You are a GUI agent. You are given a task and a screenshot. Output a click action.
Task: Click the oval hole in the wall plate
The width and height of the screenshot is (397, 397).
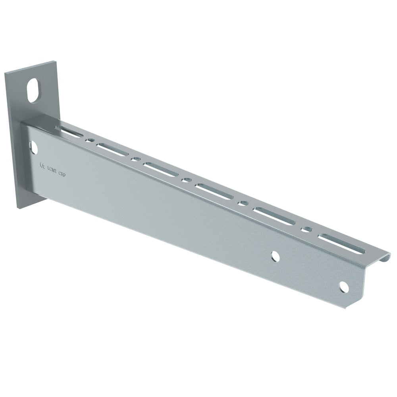pos(34,90)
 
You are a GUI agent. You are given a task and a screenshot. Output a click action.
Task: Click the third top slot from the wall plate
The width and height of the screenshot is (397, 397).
pos(160,169)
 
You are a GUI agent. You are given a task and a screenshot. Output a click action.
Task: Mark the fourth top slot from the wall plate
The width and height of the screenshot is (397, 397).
pos(214,191)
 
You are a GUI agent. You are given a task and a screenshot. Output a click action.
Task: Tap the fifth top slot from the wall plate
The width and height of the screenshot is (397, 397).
pos(274,217)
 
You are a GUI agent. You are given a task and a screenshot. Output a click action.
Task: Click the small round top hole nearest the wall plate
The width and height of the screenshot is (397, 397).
pos(91,141)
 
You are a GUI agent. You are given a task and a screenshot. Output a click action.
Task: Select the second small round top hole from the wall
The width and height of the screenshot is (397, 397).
pos(136,159)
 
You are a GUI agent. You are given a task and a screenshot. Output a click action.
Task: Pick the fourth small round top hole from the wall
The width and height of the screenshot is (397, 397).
pos(243,204)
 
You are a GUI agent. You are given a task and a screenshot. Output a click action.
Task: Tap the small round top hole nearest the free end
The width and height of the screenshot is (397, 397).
pos(306,229)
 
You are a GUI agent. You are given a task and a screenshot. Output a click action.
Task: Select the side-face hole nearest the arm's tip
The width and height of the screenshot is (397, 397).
pos(344,287)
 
